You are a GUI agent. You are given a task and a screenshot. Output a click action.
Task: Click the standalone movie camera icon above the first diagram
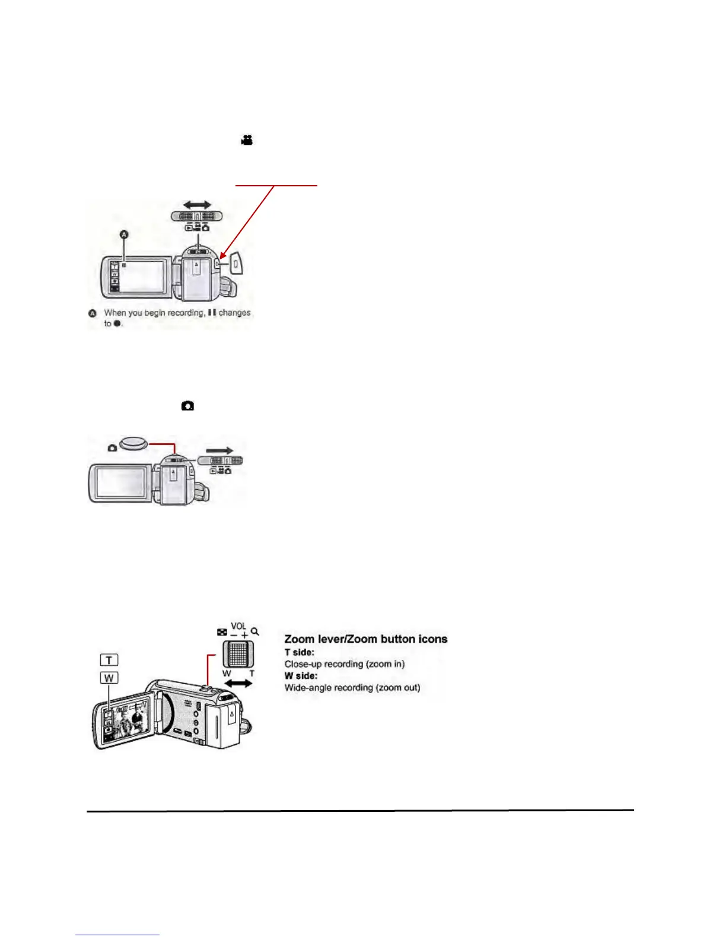pos(247,140)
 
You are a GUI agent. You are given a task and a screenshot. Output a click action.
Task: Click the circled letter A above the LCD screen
pos(124,235)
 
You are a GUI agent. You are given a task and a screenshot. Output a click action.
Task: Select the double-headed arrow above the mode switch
pos(196,205)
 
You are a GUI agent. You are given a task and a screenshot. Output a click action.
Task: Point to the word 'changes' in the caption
pos(234,313)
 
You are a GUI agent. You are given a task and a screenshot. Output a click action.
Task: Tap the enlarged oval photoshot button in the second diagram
pos(134,443)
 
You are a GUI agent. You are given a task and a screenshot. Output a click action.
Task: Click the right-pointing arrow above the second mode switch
pos(219,450)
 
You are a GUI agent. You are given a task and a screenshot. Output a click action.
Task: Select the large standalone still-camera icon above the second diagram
pos(188,406)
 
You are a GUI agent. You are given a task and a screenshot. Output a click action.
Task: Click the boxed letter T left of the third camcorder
pos(109,660)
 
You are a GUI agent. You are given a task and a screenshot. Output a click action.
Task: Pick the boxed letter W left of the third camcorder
pos(109,678)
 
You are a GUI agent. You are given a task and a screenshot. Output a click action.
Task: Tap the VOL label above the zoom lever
pos(238,626)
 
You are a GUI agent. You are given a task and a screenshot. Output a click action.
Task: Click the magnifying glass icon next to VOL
pos(255,631)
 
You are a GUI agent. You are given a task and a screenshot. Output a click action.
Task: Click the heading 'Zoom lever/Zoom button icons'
pos(365,639)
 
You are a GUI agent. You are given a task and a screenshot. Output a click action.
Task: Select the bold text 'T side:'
pos(300,652)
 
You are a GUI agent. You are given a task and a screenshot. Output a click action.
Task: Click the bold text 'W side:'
pos(301,676)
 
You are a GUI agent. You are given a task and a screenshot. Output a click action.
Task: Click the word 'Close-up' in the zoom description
pos(303,664)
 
